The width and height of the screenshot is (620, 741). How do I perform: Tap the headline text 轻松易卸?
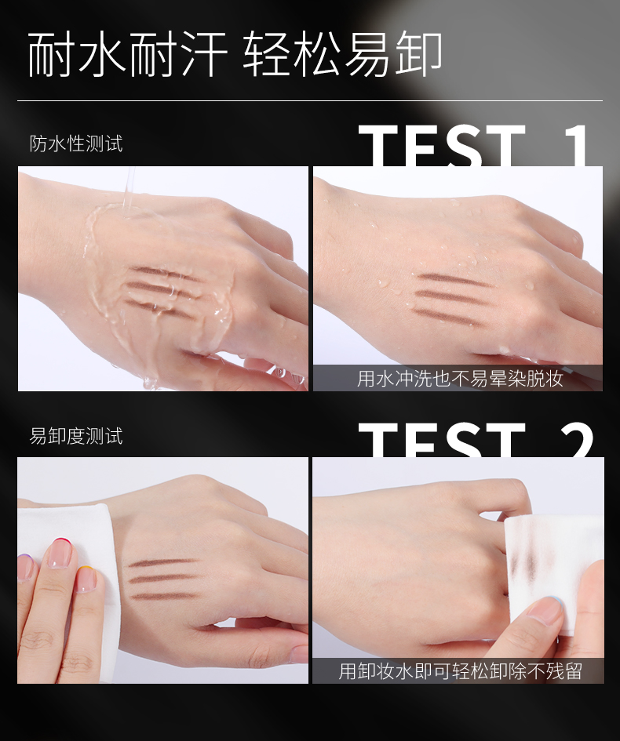[343, 54]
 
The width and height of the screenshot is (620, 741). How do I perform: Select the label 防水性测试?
[76, 143]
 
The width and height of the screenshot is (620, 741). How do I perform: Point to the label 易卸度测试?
[76, 436]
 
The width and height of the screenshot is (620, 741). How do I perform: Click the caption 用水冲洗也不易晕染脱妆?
[460, 379]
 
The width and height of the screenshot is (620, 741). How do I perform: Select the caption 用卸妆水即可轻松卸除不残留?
[460, 671]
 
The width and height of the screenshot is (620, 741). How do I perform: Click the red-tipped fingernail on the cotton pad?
[61, 552]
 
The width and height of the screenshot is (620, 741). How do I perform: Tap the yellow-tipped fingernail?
[86, 579]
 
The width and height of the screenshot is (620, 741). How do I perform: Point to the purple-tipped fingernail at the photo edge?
[25, 567]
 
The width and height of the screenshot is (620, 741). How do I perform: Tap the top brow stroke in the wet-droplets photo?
[453, 280]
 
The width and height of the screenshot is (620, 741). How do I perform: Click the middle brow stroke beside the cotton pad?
[163, 579]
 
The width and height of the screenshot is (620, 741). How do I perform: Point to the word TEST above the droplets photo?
[442, 146]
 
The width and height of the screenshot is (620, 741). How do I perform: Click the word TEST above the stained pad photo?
[442, 440]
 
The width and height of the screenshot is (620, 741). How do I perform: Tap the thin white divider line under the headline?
[310, 100]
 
